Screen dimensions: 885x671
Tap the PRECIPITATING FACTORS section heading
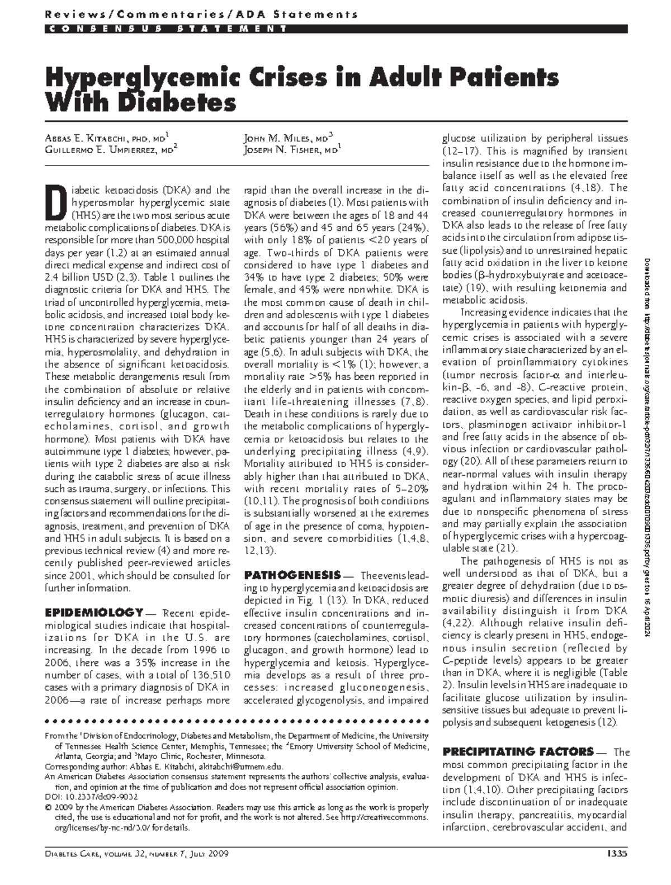[x=518, y=751]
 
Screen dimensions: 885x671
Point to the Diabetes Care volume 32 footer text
[x=137, y=854]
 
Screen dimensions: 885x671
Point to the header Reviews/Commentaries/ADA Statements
[x=201, y=14]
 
